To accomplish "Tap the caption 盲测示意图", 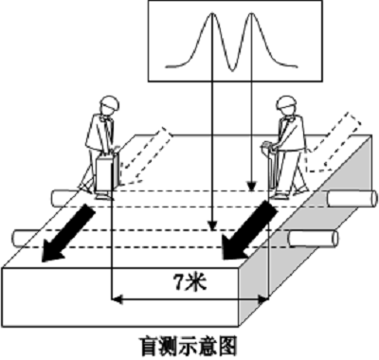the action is tap(190, 346).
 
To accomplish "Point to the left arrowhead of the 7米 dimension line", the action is tap(116, 298).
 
